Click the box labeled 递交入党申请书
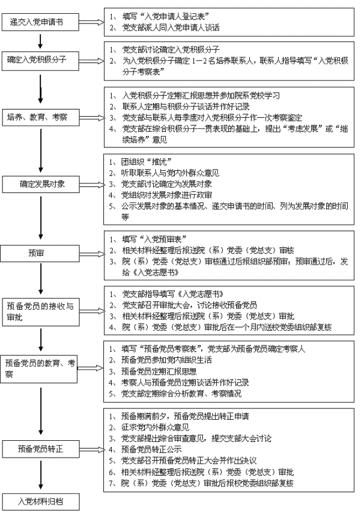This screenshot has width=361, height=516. click(40, 22)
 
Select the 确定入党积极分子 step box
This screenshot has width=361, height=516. click(40, 61)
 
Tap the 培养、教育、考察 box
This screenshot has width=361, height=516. click(40, 117)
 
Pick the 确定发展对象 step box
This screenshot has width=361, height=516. click(41, 184)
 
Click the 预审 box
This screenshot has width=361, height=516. click(40, 253)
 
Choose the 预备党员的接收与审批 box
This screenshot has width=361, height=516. click(41, 312)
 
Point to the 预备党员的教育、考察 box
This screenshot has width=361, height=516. click(39, 369)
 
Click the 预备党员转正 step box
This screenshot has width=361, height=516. click(41, 449)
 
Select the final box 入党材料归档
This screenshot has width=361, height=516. click(41, 502)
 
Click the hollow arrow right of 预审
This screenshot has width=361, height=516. click(92, 254)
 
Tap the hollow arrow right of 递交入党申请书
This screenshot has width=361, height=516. click(91, 22)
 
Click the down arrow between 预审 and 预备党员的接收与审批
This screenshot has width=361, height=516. click(41, 278)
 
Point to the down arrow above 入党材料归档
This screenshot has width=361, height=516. click(41, 475)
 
